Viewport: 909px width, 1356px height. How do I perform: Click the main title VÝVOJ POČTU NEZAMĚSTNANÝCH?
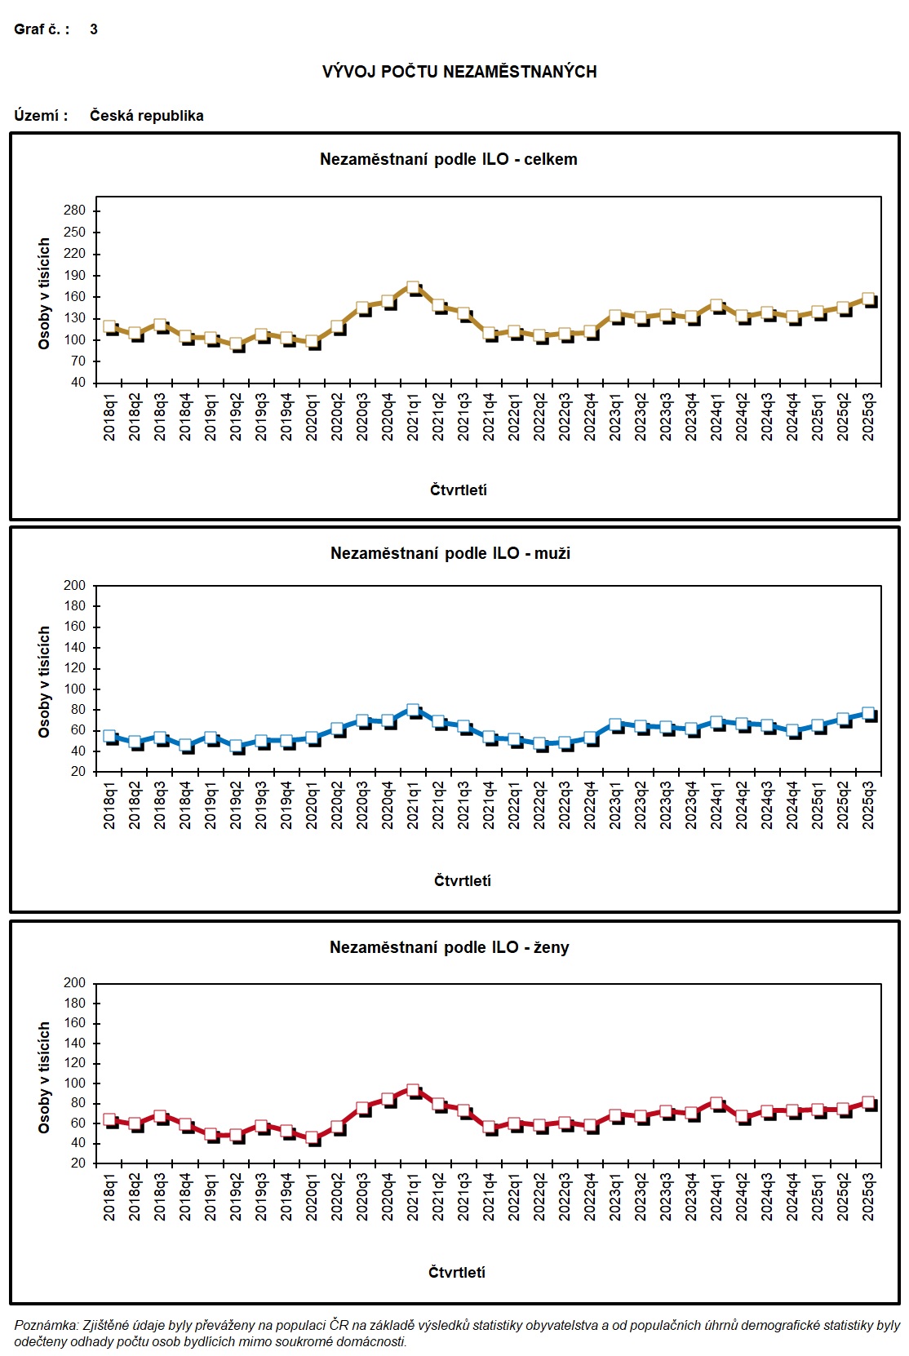click(459, 72)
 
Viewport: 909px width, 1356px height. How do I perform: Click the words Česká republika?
click(146, 115)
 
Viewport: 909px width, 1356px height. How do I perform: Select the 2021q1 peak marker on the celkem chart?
click(413, 288)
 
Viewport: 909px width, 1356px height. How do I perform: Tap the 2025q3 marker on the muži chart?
click(868, 714)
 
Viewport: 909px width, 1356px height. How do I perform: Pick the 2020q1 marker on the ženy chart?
click(312, 1137)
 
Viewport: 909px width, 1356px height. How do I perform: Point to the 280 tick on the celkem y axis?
click(74, 210)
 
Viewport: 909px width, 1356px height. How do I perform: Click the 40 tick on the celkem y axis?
click(78, 383)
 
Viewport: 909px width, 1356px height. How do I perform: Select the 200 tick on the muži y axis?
click(74, 585)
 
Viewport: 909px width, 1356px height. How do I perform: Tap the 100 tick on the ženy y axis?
click(74, 1083)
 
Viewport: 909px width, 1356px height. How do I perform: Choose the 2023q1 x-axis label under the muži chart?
click(615, 806)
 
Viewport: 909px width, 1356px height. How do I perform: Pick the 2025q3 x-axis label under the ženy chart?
click(868, 1197)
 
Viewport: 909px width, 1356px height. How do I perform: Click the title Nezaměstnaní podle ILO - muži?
click(450, 553)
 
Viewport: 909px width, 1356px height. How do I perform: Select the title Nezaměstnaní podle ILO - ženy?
click(449, 947)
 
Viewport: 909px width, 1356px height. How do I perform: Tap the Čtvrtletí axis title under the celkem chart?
click(458, 490)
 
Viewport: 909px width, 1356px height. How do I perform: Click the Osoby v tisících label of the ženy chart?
click(44, 1077)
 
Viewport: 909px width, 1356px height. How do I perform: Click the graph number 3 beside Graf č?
click(94, 29)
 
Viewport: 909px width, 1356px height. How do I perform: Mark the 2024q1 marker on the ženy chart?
click(716, 1104)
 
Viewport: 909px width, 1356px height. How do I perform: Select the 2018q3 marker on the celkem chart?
click(160, 326)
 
